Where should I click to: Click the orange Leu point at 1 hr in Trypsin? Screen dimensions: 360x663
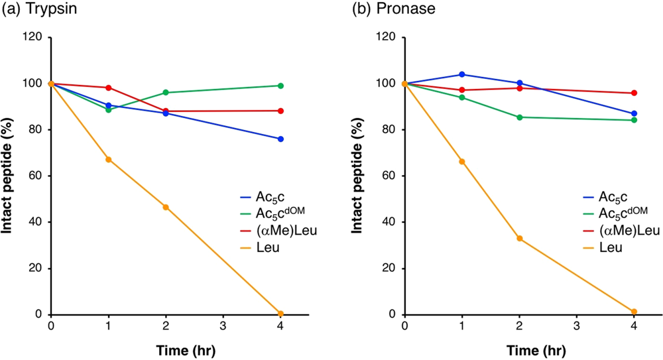tap(109, 159)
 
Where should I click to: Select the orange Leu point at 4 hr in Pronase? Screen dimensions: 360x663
tap(634, 312)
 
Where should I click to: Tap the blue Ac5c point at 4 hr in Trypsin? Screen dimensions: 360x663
tap(280, 139)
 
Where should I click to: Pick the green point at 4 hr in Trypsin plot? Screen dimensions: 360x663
tap(280, 86)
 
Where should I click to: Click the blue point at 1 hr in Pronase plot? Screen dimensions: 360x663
tap(462, 74)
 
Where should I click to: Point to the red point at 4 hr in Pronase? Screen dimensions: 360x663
tap(634, 93)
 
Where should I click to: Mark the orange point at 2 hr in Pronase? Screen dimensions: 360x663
tap(519, 238)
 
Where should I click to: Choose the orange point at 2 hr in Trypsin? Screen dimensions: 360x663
tap(166, 207)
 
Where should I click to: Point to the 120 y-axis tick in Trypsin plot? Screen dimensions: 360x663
tap(36, 37)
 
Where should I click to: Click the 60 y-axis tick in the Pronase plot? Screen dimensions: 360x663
tap(392, 176)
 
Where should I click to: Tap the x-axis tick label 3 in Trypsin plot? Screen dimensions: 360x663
tap(223, 327)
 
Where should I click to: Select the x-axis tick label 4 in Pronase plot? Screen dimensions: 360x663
tap(634, 327)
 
